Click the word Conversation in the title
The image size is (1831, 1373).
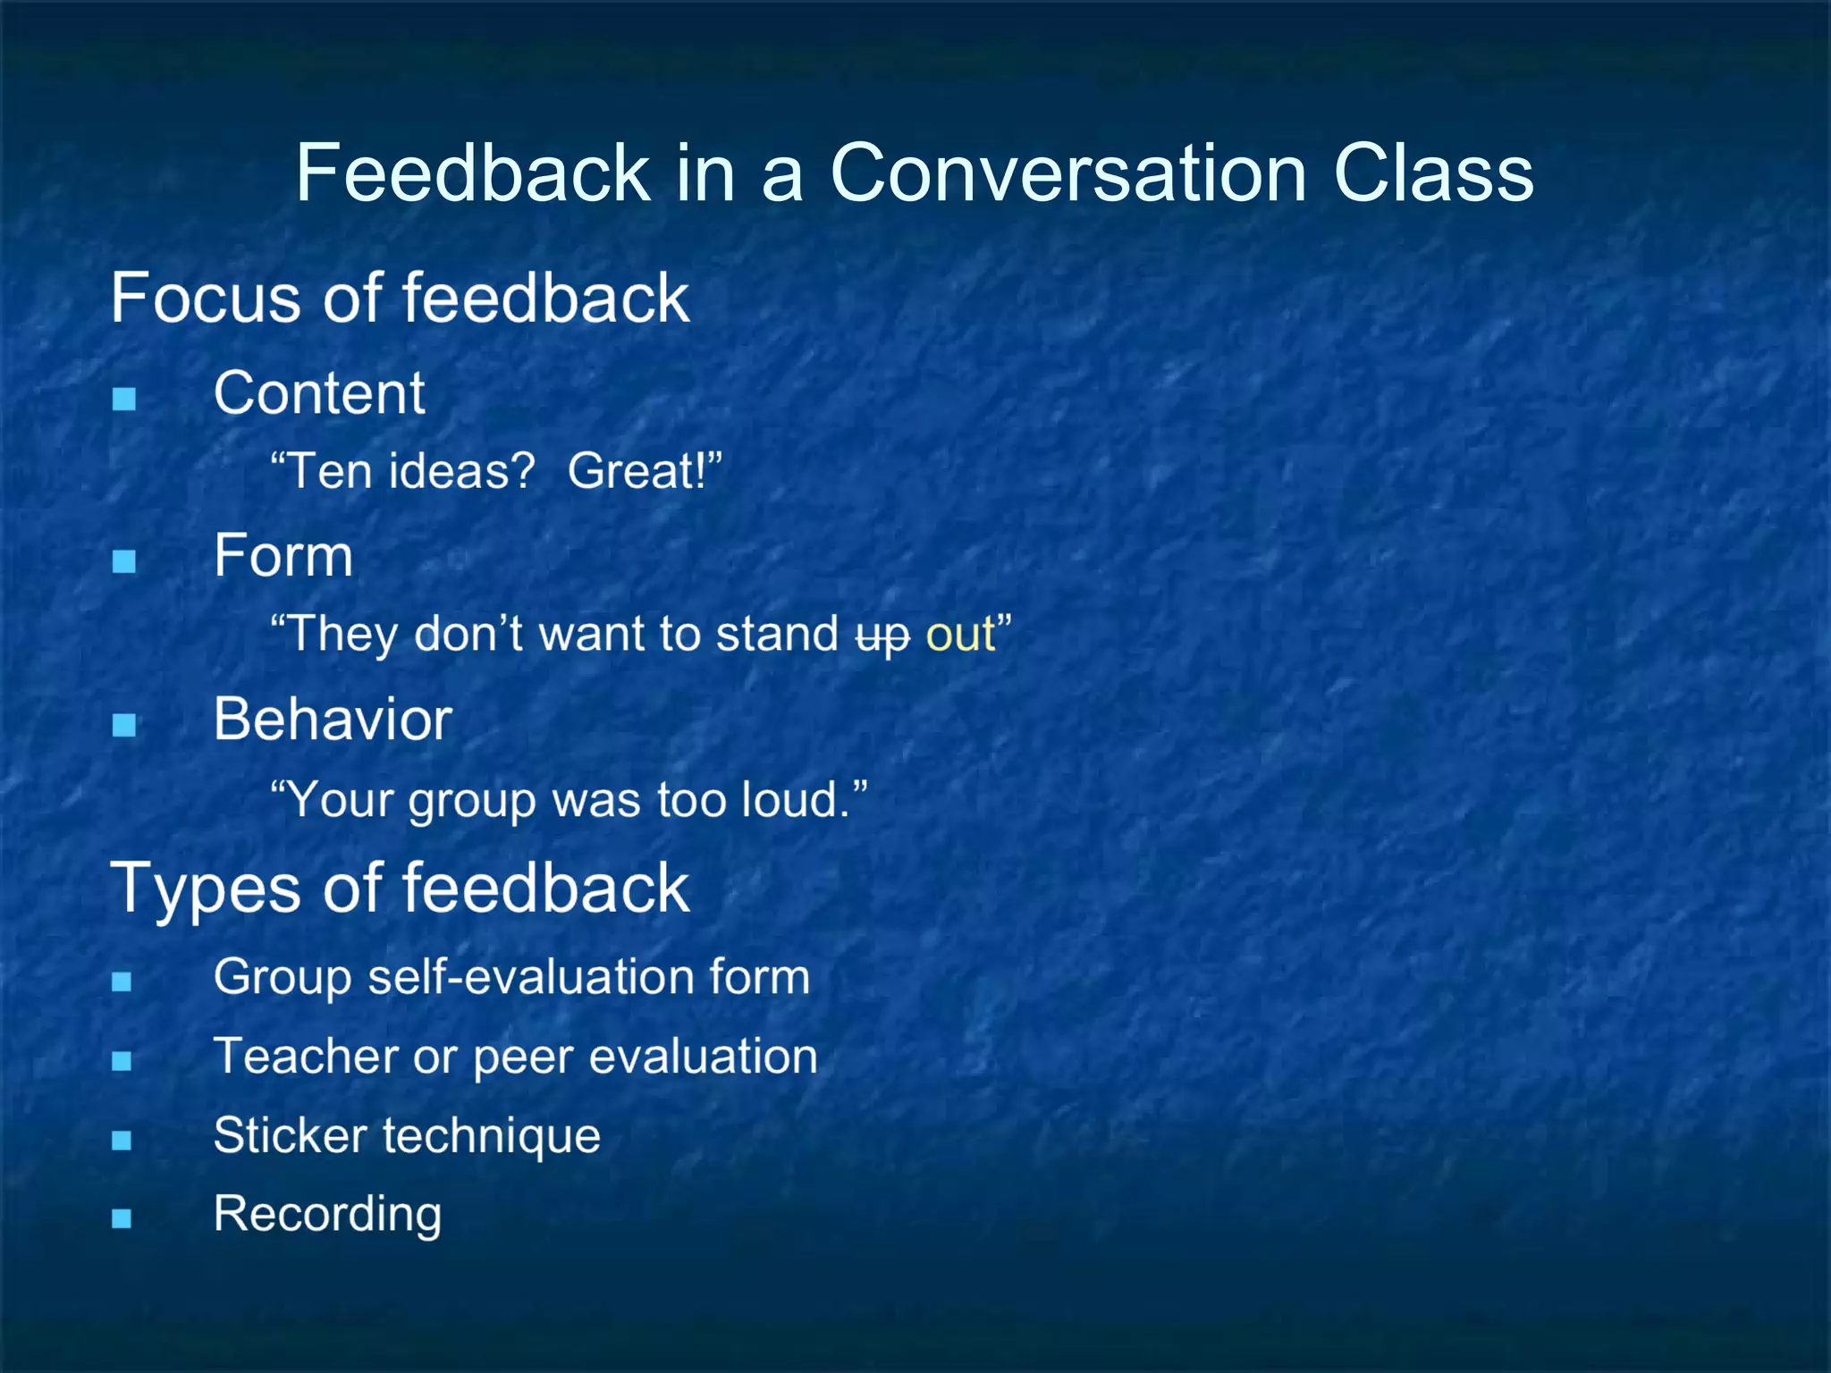click(x=1069, y=173)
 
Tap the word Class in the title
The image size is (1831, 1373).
click(x=1433, y=173)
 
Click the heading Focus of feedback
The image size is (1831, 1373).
click(x=400, y=298)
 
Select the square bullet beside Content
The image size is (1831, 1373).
click(x=124, y=398)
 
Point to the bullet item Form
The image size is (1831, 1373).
click(x=283, y=556)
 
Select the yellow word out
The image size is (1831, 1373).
click(x=960, y=635)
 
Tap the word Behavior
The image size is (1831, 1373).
click(x=333, y=720)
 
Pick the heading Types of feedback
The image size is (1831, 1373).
click(x=400, y=889)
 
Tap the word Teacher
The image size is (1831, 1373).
click(x=305, y=1056)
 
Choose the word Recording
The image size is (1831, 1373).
click(x=327, y=1215)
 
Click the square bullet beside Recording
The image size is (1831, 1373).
click(x=122, y=1218)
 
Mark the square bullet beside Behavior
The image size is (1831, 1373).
click(x=124, y=724)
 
